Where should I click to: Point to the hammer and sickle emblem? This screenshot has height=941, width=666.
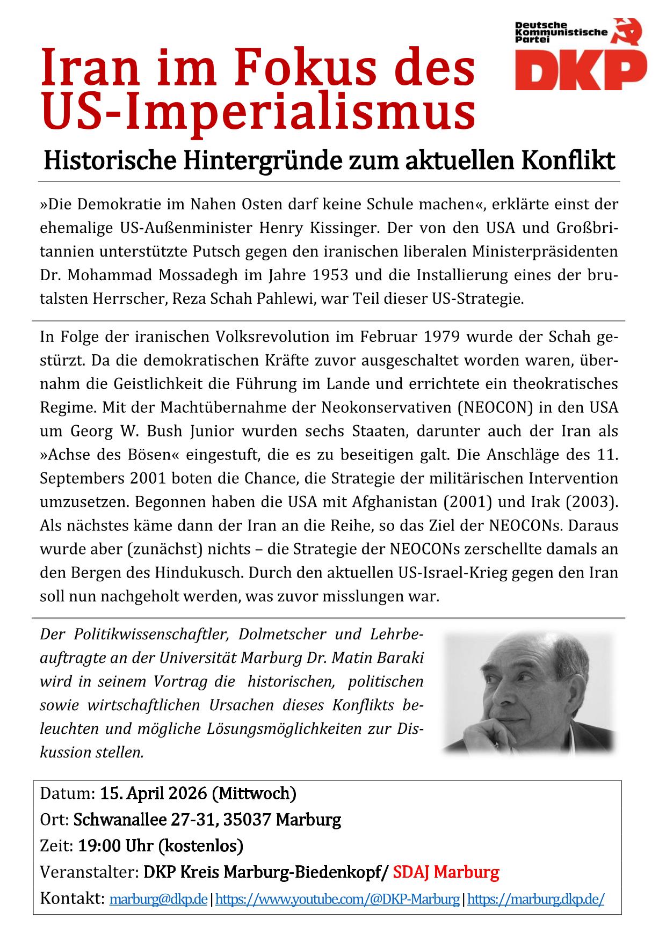click(628, 34)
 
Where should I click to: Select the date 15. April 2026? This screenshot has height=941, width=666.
click(153, 793)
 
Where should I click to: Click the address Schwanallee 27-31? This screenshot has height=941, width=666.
click(145, 820)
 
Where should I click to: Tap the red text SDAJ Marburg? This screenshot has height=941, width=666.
click(446, 872)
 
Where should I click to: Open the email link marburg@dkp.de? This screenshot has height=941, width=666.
click(158, 899)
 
